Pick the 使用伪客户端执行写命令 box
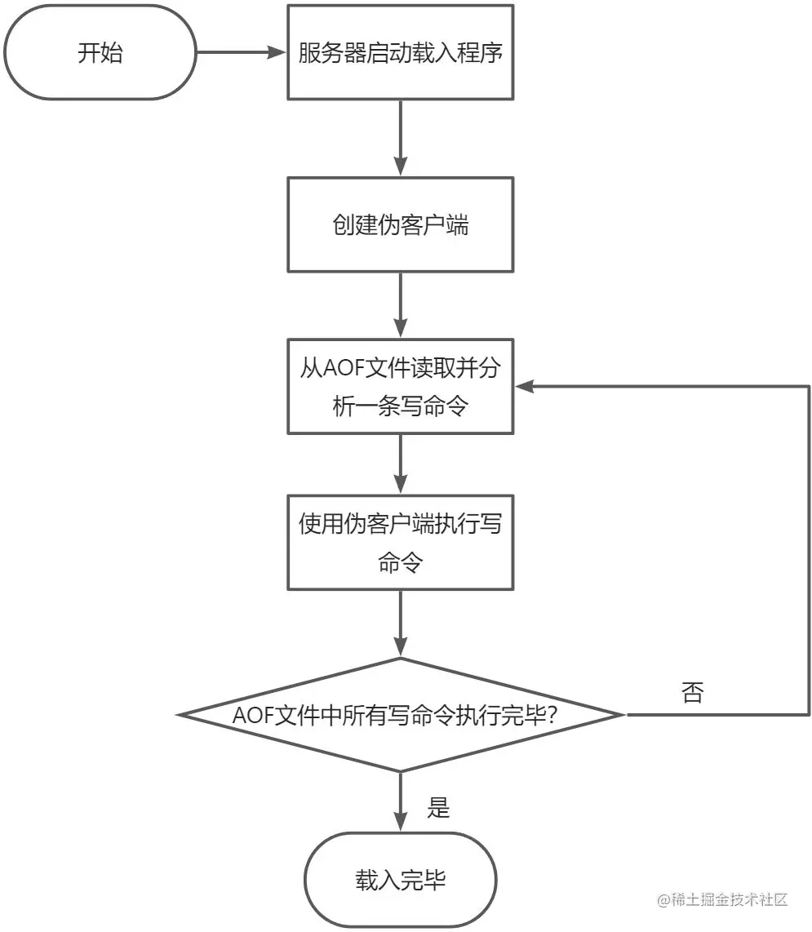[400, 542]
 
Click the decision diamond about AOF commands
[400, 715]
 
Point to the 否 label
[692, 693]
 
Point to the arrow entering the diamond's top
[400, 622]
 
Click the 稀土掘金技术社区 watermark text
[721, 900]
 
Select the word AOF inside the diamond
[251, 716]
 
